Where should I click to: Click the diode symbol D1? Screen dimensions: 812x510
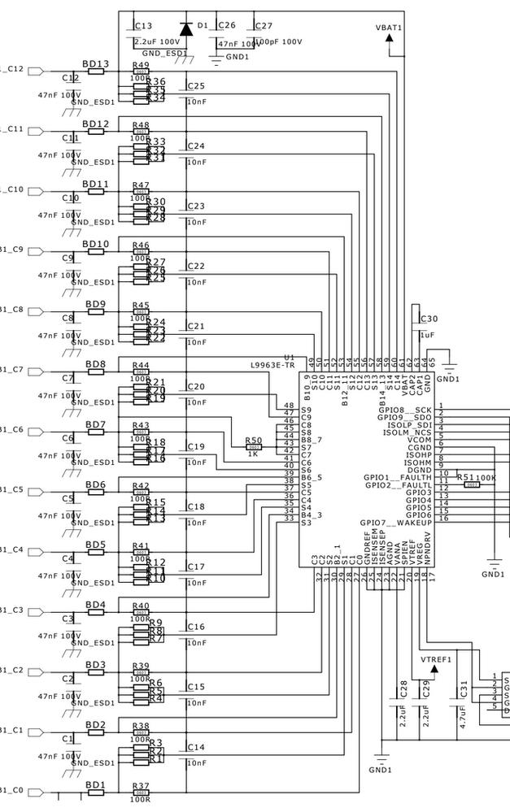tap(186, 29)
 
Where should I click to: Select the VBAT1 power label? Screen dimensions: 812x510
tap(389, 28)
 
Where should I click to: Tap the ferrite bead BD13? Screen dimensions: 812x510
tap(96, 72)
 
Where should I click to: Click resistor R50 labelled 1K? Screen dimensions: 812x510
tap(253, 446)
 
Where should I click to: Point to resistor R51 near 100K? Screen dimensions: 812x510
tap(471, 484)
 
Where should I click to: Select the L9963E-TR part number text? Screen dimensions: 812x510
tap(272, 365)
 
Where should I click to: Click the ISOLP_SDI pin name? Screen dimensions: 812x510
tap(409, 424)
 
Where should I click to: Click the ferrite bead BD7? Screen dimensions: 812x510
tap(96, 432)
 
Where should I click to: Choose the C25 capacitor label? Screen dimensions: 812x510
tap(195, 86)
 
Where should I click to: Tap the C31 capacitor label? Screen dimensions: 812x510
tap(464, 691)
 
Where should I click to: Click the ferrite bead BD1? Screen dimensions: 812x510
tap(96, 793)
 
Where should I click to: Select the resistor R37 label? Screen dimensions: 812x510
tap(140, 786)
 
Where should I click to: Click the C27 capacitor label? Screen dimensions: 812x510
tap(264, 26)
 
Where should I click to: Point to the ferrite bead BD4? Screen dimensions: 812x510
tap(96, 613)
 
